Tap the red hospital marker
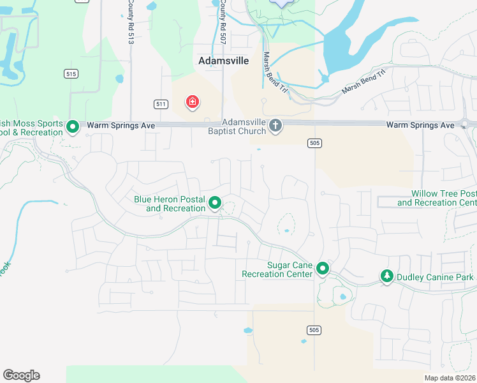pyautogui.click(x=192, y=102)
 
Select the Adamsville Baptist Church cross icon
pyautogui.click(x=275, y=125)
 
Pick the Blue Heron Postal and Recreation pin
pyautogui.click(x=215, y=204)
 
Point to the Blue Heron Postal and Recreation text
pyautogui.click(x=170, y=204)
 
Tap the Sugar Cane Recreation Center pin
pyautogui.click(x=323, y=269)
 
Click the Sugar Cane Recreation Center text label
pyautogui.click(x=277, y=269)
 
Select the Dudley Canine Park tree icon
pyautogui.click(x=386, y=276)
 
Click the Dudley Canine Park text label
pyautogui.click(x=435, y=277)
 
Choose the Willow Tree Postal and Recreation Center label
pyautogui.click(x=437, y=198)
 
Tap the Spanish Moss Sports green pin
pyautogui.click(x=73, y=126)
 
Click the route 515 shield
pyautogui.click(x=71, y=74)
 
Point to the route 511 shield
pyautogui.click(x=161, y=103)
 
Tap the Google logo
pyautogui.click(x=21, y=375)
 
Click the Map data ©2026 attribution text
pyautogui.click(x=449, y=378)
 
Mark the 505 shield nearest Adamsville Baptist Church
pyautogui.click(x=313, y=143)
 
